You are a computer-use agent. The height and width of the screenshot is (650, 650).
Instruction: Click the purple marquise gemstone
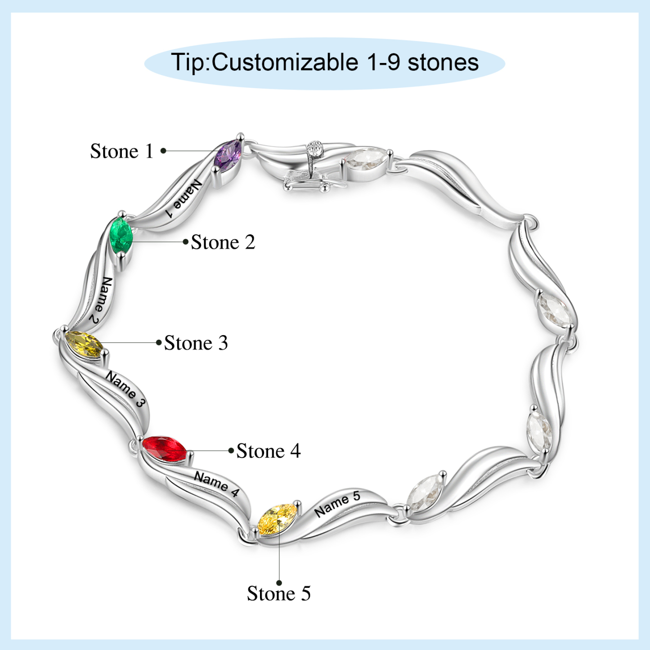coord(229,156)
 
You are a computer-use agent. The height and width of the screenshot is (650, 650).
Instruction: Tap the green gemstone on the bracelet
coord(121,235)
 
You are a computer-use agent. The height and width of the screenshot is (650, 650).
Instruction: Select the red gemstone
coord(164,448)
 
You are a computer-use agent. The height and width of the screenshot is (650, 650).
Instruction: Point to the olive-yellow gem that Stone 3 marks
coord(83,344)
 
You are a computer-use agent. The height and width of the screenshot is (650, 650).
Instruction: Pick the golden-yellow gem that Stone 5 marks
coord(277,519)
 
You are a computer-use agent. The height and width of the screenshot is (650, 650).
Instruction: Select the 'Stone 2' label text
coord(223,242)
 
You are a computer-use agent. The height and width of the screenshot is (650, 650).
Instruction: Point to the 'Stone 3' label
coord(196,343)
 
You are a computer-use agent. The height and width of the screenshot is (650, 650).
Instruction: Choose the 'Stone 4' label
coord(269,451)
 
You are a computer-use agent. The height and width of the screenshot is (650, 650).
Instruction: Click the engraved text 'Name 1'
coord(183,199)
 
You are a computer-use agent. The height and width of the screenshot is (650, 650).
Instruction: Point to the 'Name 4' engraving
coord(216,484)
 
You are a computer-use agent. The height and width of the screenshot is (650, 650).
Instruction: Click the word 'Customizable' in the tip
coord(285,63)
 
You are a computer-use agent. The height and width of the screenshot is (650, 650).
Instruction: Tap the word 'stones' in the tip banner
coord(443,63)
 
